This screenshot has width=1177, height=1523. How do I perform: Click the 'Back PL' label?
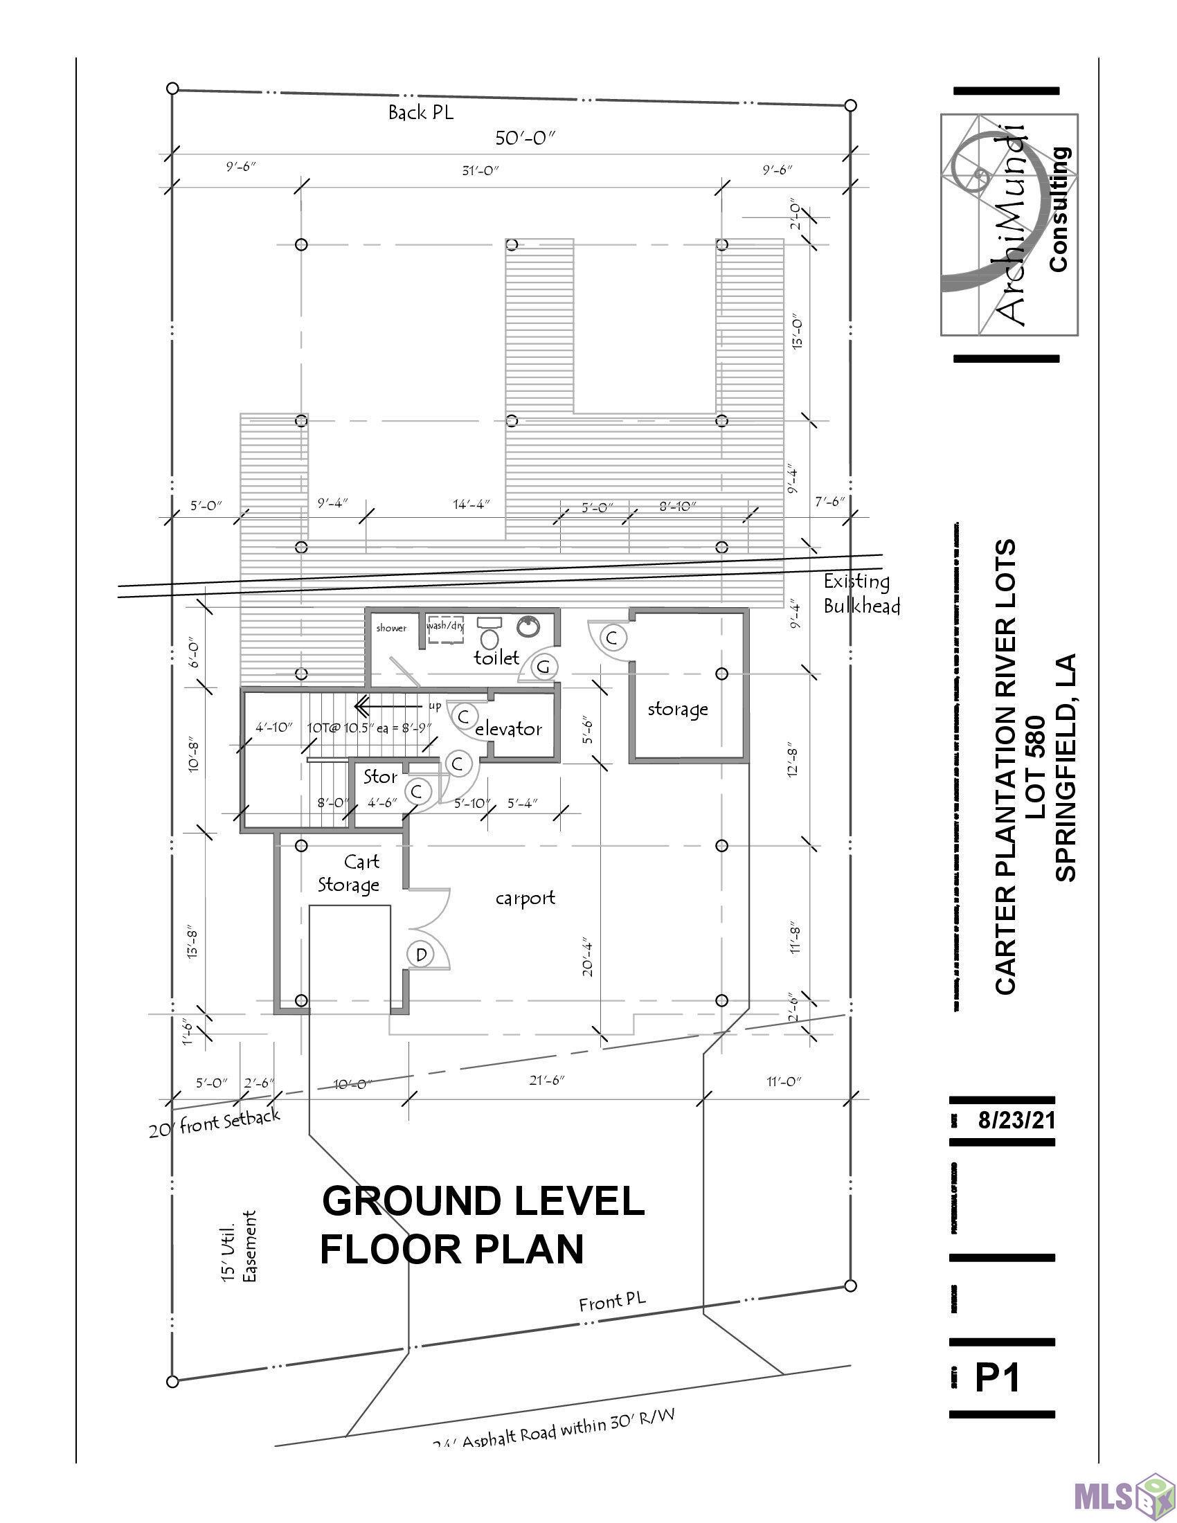click(x=420, y=113)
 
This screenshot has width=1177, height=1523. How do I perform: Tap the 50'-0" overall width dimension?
click(x=525, y=138)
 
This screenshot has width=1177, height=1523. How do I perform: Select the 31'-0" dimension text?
click(x=480, y=170)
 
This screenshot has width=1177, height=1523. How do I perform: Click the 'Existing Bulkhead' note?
click(x=861, y=593)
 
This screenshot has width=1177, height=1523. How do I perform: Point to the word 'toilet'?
click(x=496, y=657)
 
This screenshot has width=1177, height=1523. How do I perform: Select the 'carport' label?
click(x=525, y=898)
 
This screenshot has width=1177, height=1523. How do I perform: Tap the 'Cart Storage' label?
click(x=350, y=873)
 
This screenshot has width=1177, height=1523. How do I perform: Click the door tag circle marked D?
click(x=421, y=955)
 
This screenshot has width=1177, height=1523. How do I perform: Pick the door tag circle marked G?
click(x=544, y=667)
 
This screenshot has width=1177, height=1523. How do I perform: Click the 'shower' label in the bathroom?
click(x=391, y=628)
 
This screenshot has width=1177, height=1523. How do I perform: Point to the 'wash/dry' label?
click(x=445, y=625)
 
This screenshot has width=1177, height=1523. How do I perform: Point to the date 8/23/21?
click(x=1015, y=1121)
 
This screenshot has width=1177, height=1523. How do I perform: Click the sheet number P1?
click(x=997, y=1378)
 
